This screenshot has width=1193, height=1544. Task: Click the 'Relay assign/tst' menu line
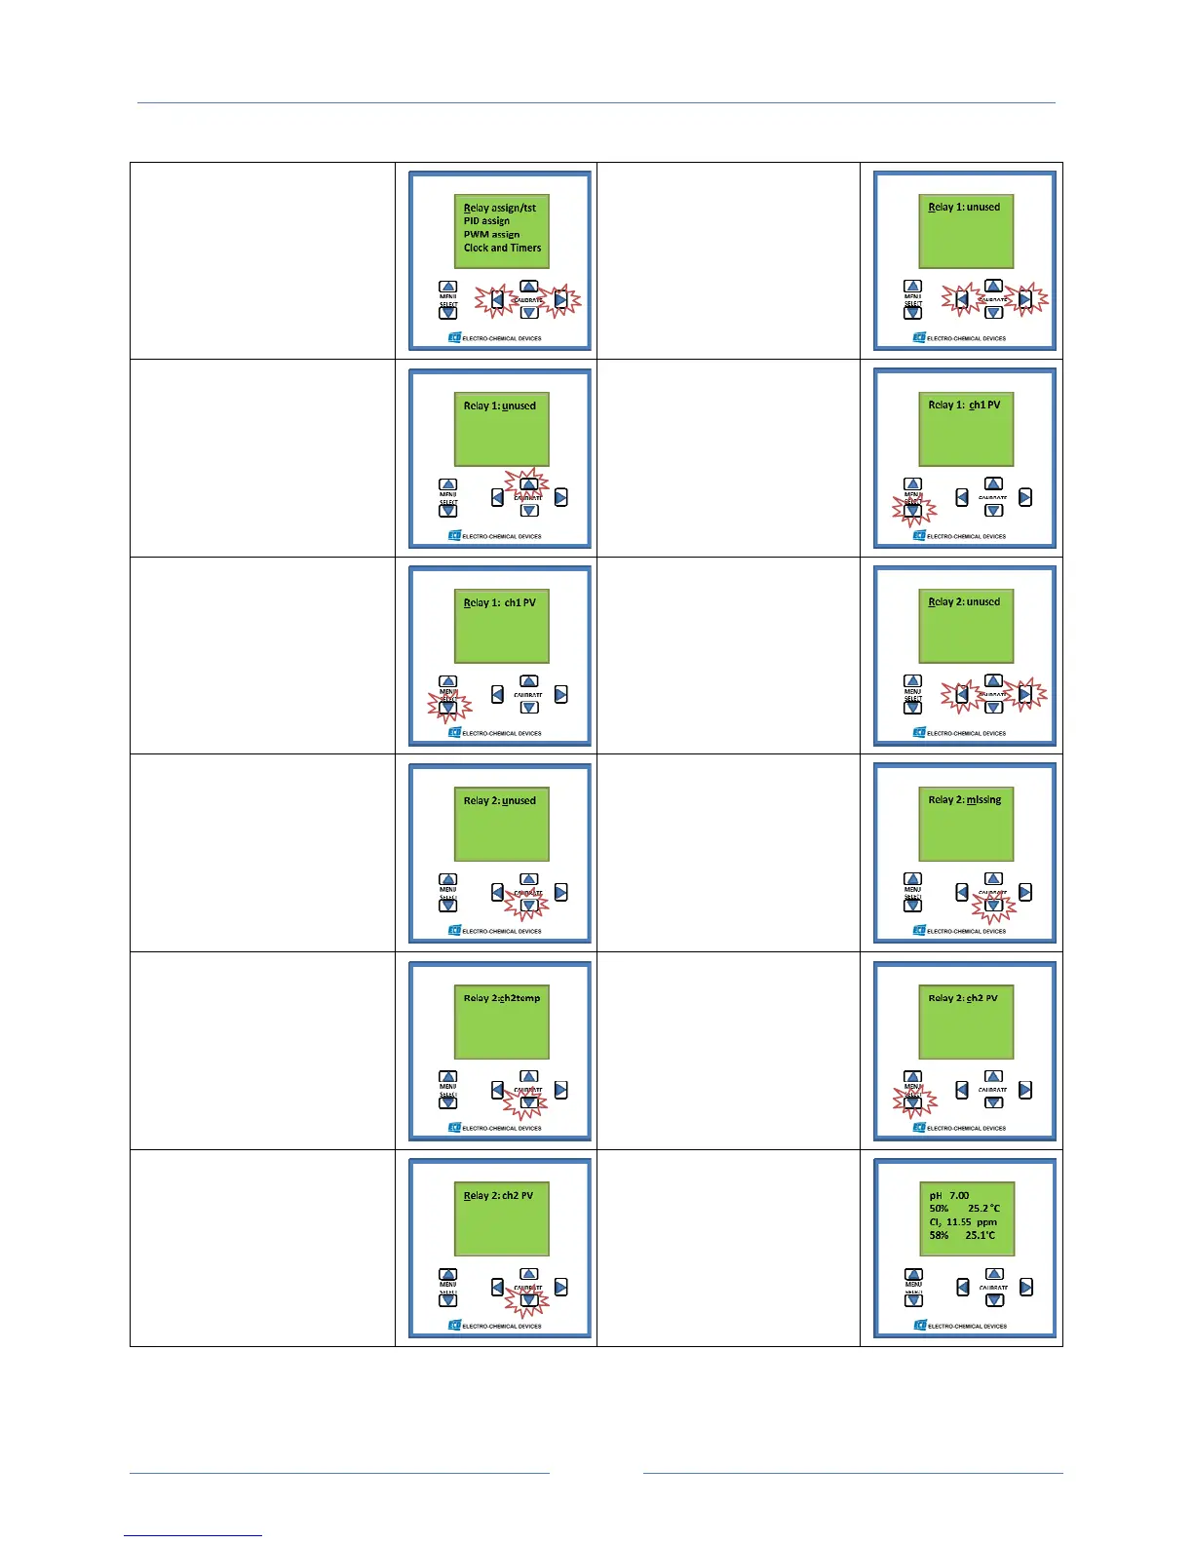pos(499,208)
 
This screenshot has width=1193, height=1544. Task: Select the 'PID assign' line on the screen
pos(486,221)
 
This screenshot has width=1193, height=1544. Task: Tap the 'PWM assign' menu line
pos(491,235)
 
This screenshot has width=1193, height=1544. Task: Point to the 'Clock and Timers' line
pos(502,248)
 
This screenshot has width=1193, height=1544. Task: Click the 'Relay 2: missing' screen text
pos(964,800)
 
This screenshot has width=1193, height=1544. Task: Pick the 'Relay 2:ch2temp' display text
pos(501,998)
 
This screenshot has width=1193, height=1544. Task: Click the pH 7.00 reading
pos(948,1195)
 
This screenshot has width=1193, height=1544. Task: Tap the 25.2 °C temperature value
pos(983,1209)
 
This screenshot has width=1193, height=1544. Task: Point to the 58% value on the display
pos(939,1235)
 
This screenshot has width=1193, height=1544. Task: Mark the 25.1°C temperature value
pos(981,1235)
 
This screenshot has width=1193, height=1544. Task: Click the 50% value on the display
pos(939,1209)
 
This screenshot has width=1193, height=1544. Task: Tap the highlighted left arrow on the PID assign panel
pos(497,300)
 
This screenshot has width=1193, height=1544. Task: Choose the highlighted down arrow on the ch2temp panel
pos(528,1103)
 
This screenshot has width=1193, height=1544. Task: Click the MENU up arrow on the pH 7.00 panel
pos(913,1274)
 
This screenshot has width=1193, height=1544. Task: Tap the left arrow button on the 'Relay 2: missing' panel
pos(962,892)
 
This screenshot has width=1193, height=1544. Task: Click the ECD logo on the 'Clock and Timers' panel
pos(454,338)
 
